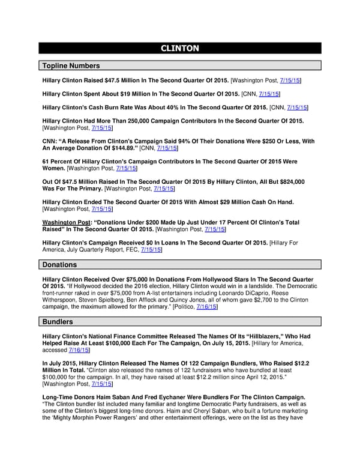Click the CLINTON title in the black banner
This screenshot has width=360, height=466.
[x=180, y=49]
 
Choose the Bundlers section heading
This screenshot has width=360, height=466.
[x=58, y=322]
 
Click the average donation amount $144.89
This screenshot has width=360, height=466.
[x=113, y=148]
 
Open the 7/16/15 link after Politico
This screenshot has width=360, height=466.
[x=206, y=307]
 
